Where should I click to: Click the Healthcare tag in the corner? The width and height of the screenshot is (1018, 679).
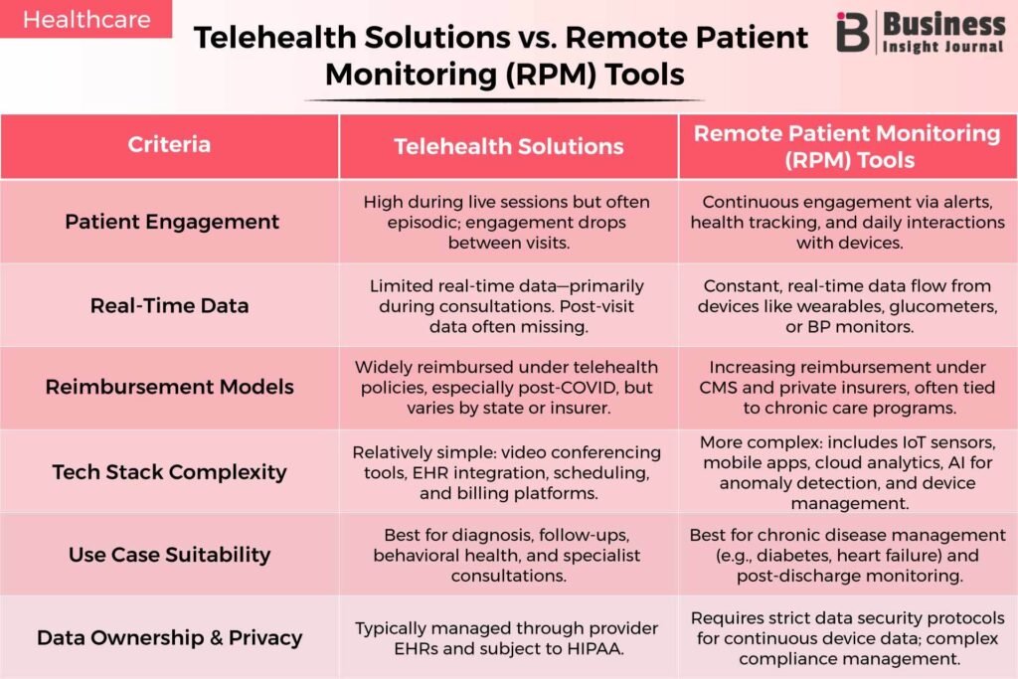tap(86, 19)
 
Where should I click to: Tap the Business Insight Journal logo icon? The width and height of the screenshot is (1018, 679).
tap(852, 32)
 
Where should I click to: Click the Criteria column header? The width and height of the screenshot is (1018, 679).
tap(169, 144)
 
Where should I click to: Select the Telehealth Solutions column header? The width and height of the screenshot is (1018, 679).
tap(508, 147)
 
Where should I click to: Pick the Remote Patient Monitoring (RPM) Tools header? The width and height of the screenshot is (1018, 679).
tap(847, 147)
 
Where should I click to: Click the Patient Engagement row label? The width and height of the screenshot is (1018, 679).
tap(172, 222)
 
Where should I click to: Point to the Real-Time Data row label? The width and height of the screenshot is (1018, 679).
tap(169, 306)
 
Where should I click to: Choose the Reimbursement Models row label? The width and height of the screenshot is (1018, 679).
tap(169, 387)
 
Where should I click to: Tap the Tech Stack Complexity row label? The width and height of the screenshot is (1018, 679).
tap(169, 472)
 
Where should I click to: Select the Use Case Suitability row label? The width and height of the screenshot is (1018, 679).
tap(169, 555)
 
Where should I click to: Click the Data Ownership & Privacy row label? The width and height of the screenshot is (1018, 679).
tap(169, 637)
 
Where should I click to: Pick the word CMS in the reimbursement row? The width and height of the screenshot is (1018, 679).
tap(717, 388)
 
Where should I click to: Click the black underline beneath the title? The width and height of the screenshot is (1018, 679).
tap(504, 100)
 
